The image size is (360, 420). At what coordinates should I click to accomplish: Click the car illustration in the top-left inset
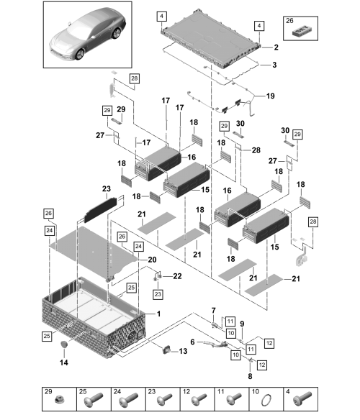[x=87, y=35]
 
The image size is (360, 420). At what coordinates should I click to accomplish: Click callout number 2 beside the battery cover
[x=276, y=47]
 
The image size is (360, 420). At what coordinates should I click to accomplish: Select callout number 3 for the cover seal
[x=274, y=65]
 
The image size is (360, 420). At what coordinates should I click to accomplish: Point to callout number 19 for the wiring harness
[x=270, y=96]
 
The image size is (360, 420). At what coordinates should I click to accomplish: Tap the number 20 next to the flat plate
[x=152, y=260]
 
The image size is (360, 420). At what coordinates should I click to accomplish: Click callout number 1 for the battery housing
[x=158, y=314]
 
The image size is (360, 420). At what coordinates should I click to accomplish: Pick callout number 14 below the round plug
[x=64, y=362]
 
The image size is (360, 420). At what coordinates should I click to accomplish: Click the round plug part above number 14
[x=64, y=344]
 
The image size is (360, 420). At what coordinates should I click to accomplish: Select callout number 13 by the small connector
[x=183, y=351]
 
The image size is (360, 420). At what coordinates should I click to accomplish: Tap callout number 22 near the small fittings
[x=177, y=276]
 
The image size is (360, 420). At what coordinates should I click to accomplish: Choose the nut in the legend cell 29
[x=59, y=400]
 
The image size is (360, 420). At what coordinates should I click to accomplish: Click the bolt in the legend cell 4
[x=302, y=399]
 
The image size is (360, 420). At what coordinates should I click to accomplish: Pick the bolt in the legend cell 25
[x=94, y=399]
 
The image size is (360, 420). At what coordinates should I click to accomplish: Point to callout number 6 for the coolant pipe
[x=192, y=342]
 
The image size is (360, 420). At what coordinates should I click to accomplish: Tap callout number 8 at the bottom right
[x=250, y=376]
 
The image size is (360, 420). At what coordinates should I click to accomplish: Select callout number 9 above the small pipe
[x=242, y=324]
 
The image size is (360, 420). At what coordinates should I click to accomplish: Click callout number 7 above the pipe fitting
[x=214, y=311]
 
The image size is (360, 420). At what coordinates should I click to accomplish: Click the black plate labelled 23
[x=101, y=210]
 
